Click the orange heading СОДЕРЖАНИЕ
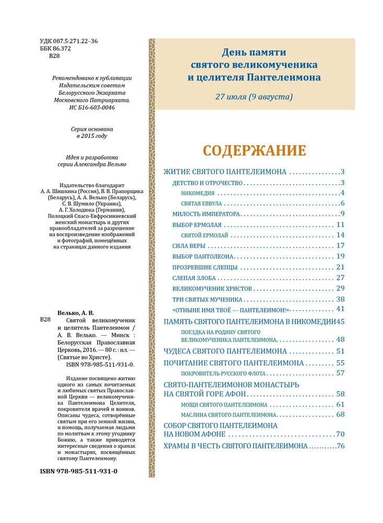click(x=254, y=151)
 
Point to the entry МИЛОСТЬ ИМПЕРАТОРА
click(x=206, y=214)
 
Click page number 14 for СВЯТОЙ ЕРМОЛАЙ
click(x=341, y=235)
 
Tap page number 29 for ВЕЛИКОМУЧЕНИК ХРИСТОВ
click(x=341, y=288)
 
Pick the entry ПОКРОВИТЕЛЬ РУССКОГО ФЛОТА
click(x=224, y=373)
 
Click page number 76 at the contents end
click(x=341, y=446)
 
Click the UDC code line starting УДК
click(x=68, y=41)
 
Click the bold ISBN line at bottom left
click(x=78, y=471)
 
